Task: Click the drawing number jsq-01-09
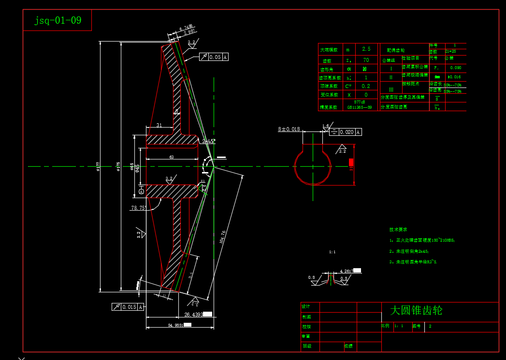pos(58,21)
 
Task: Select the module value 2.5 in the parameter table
pos(366,49)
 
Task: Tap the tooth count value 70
pos(366,60)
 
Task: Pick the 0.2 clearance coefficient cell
pos(366,86)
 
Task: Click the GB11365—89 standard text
pos(359,107)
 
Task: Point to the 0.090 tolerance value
pos(455,68)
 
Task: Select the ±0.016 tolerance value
pos(454,77)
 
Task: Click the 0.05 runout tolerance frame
pos(214,57)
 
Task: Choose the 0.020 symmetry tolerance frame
pos(345,132)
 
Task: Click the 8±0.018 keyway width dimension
pos(289,130)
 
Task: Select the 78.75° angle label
pos(139,208)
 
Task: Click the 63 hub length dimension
pos(171,157)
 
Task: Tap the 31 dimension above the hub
pos(159,126)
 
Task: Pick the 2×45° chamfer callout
pos(208,141)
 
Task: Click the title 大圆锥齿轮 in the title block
pos(416,310)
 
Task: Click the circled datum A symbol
pos(141,192)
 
